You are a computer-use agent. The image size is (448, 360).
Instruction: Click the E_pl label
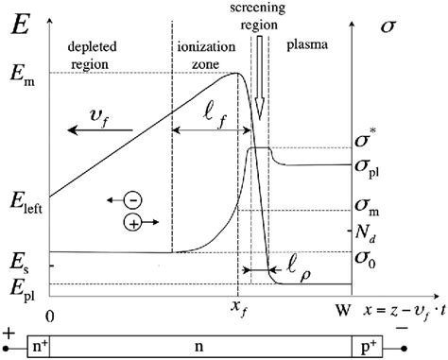coord(21,284)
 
